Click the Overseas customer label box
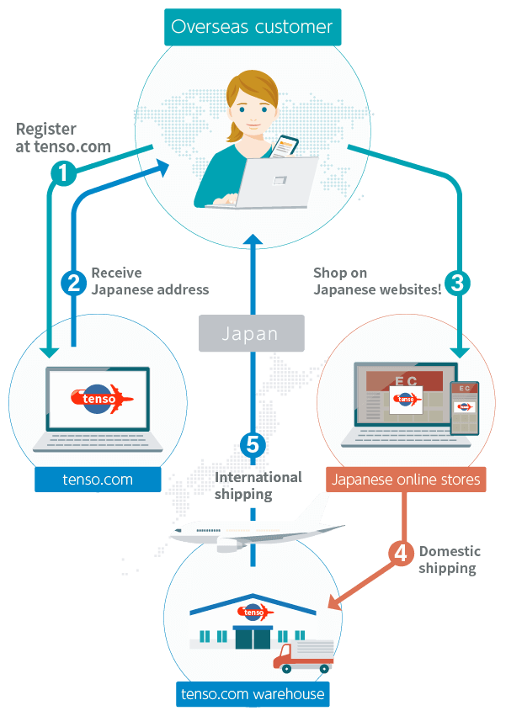coord(252,27)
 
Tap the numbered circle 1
coord(63,173)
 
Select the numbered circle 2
coord(74,283)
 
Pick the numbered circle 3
coord(456,283)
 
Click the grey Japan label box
coord(250,333)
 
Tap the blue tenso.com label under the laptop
coord(98,480)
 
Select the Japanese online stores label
coord(406,480)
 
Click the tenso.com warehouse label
coord(253,694)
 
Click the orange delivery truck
coord(303,657)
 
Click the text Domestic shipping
coord(450,560)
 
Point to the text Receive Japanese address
coord(149,281)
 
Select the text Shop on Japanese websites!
coord(377,281)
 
